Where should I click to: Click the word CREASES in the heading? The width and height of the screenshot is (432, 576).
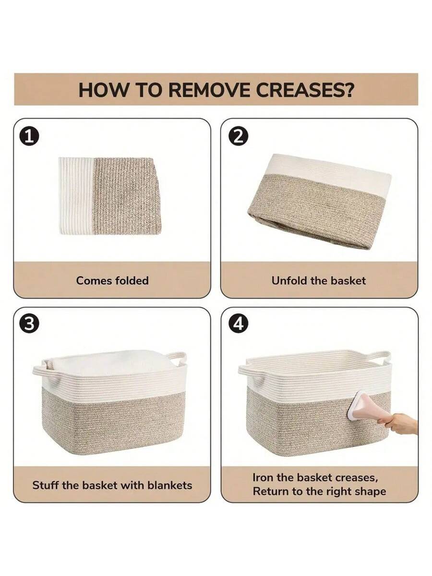[x=304, y=90]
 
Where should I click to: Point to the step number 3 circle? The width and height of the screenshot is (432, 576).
[x=29, y=324]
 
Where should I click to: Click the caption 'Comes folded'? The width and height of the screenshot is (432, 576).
[x=112, y=280]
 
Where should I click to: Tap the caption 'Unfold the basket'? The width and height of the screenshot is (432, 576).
[x=318, y=280]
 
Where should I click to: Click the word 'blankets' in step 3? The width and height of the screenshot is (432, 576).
[x=170, y=485]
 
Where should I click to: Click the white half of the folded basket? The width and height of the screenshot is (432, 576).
[x=76, y=196]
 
